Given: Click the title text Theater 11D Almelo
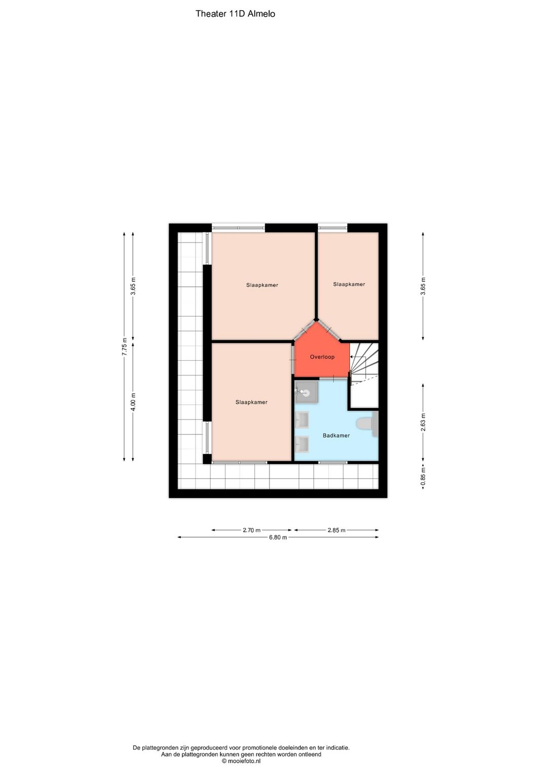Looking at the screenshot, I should click(x=235, y=14).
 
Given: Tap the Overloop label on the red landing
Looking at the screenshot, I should click(x=322, y=357).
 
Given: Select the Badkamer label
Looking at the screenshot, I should click(x=336, y=435).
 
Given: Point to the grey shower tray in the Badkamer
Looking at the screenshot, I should click(x=306, y=392).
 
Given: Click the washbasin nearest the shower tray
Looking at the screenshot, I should click(x=302, y=419).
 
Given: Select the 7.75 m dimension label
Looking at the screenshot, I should click(x=125, y=346).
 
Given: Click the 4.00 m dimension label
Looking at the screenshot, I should click(x=133, y=402).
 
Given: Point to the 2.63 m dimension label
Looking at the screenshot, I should click(x=423, y=422).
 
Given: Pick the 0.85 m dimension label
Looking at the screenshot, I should click(x=423, y=477).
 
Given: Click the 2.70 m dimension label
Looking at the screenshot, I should click(x=251, y=530).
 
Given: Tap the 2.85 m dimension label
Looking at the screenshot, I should click(x=336, y=530).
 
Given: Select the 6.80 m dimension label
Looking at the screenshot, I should click(x=278, y=537).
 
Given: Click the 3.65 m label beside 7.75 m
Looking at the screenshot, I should click(x=133, y=286).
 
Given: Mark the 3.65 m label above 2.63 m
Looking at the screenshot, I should click(x=423, y=286).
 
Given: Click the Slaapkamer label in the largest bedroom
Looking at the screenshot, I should click(x=262, y=285).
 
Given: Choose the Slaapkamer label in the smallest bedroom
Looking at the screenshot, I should click(x=349, y=284).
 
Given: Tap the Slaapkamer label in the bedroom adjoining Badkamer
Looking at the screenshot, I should click(x=251, y=402).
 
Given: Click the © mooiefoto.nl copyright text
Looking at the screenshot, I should click(x=241, y=761).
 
